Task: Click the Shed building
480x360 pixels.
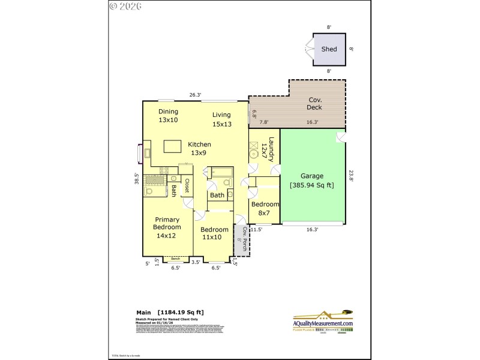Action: pyautogui.click(x=329, y=49)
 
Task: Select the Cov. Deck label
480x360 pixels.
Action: pyautogui.click(x=315, y=104)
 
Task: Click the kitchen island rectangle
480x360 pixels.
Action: pyautogui.click(x=173, y=146)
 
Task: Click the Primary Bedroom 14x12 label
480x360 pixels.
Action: pyautogui.click(x=166, y=227)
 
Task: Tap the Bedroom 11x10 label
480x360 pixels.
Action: pyautogui.click(x=214, y=233)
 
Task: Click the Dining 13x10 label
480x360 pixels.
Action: pyautogui.click(x=169, y=116)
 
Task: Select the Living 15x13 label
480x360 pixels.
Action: pyautogui.click(x=222, y=119)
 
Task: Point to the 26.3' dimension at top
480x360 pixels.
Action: pyautogui.click(x=195, y=95)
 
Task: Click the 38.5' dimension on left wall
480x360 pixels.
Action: pyautogui.click(x=137, y=178)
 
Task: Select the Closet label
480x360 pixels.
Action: pyautogui.click(x=187, y=185)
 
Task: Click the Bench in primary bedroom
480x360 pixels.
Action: pyautogui.click(x=175, y=259)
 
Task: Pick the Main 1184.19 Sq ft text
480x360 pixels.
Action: pyautogui.click(x=170, y=312)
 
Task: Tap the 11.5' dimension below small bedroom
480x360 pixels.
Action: pyautogui.click(x=257, y=229)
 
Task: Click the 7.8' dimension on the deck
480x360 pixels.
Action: pyautogui.click(x=263, y=122)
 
